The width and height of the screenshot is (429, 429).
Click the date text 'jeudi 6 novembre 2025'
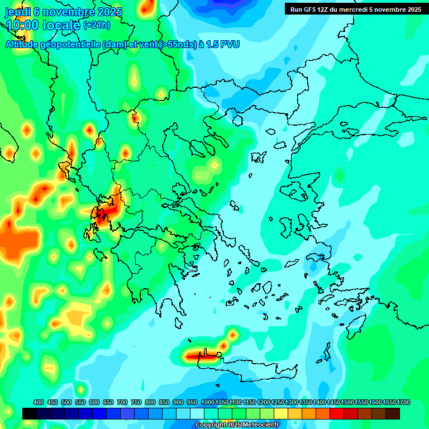(x=63, y=11)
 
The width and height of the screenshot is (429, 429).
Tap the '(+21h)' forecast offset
(x=97, y=25)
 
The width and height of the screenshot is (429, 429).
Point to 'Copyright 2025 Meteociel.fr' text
(x=236, y=425)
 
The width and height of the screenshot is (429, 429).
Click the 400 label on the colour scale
(x=39, y=402)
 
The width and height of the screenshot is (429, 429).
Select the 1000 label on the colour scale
(x=207, y=402)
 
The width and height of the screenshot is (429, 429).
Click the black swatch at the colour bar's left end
(x=30, y=413)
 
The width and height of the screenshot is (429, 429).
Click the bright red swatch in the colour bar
(x=337, y=413)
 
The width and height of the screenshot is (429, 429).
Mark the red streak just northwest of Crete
(x=200, y=355)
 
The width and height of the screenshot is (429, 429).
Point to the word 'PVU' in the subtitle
(x=228, y=44)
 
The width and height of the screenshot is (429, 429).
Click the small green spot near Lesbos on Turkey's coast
(x=339, y=177)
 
